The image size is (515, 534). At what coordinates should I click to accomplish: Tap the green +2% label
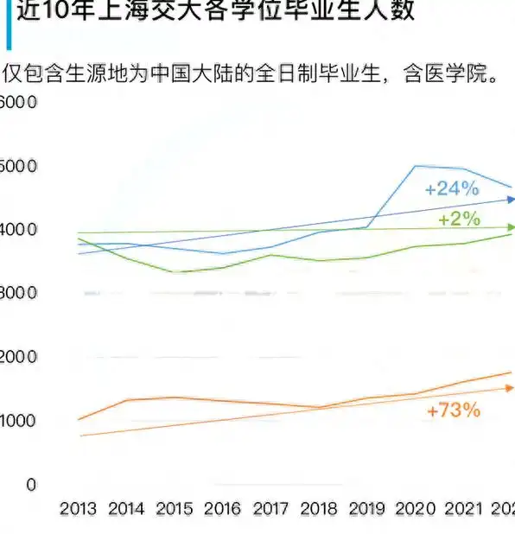[459, 219]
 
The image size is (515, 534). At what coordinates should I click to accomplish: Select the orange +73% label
[453, 410]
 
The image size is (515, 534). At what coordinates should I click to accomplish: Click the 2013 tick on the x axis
[78, 509]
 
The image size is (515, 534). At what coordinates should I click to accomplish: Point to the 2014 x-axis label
[127, 509]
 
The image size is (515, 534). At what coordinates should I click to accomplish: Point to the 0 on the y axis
[31, 485]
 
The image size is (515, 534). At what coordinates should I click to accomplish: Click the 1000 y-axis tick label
[19, 421]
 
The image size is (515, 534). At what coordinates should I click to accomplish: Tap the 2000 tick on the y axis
[19, 357]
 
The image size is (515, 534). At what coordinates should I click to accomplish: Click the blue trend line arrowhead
[510, 200]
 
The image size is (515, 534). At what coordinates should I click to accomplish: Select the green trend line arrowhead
[510, 228]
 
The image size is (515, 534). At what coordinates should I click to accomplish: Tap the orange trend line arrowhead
[510, 388]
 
